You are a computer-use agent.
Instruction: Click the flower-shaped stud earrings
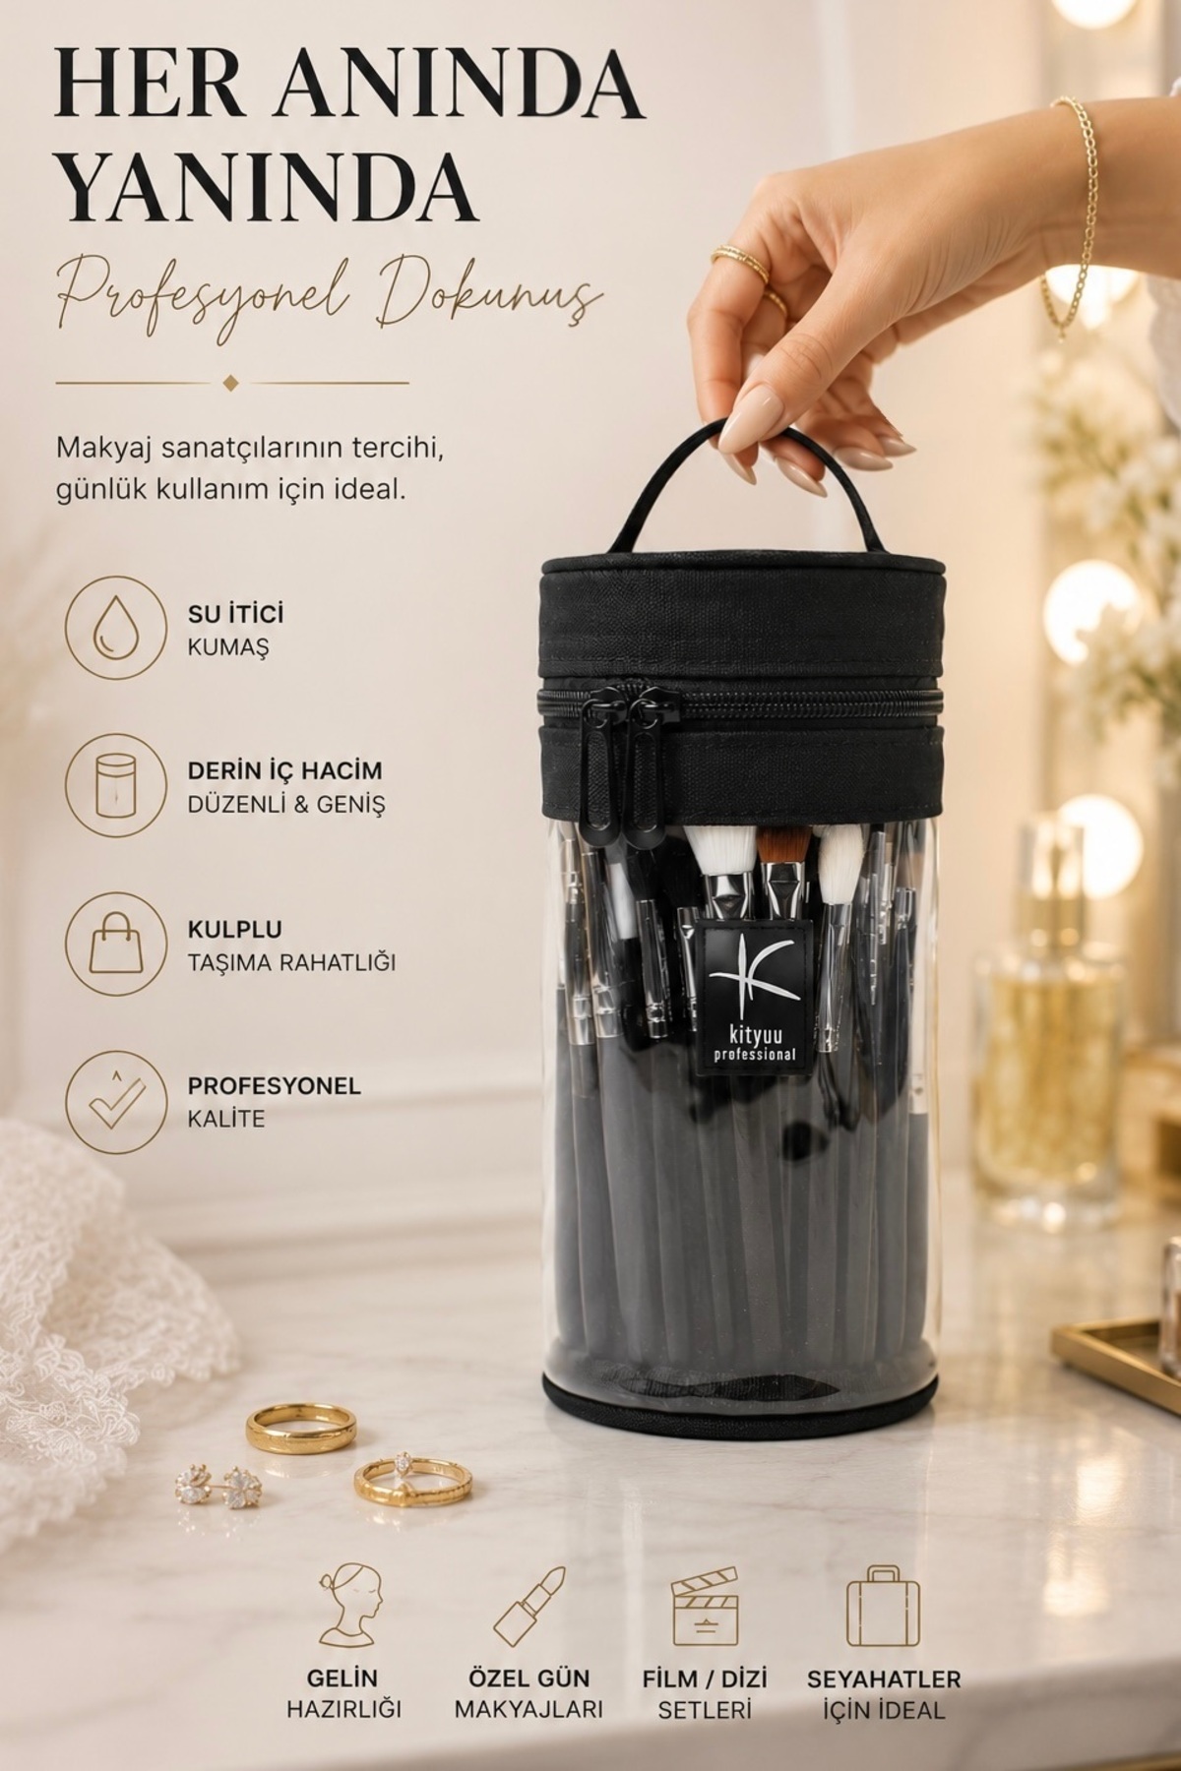click(217, 1483)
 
